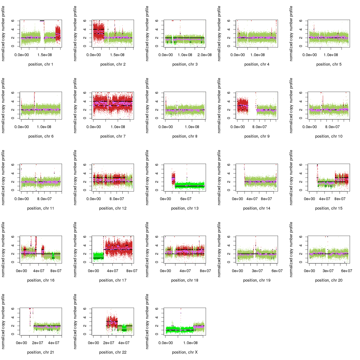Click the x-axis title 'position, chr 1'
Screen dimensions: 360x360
(x=41, y=64)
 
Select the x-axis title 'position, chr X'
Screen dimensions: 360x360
(x=185, y=352)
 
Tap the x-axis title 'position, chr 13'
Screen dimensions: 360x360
(x=185, y=208)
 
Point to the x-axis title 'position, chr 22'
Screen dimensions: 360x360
(x=113, y=352)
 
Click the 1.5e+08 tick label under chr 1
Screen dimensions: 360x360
(x=45, y=55)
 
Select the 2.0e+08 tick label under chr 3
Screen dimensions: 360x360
(x=204, y=55)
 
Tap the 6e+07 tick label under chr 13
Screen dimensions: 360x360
(x=186, y=199)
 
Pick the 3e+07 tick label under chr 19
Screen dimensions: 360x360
(x=257, y=271)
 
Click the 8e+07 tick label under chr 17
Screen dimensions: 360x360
(x=132, y=271)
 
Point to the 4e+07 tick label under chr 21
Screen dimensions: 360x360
(x=54, y=343)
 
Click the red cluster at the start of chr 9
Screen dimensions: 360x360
(x=243, y=106)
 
